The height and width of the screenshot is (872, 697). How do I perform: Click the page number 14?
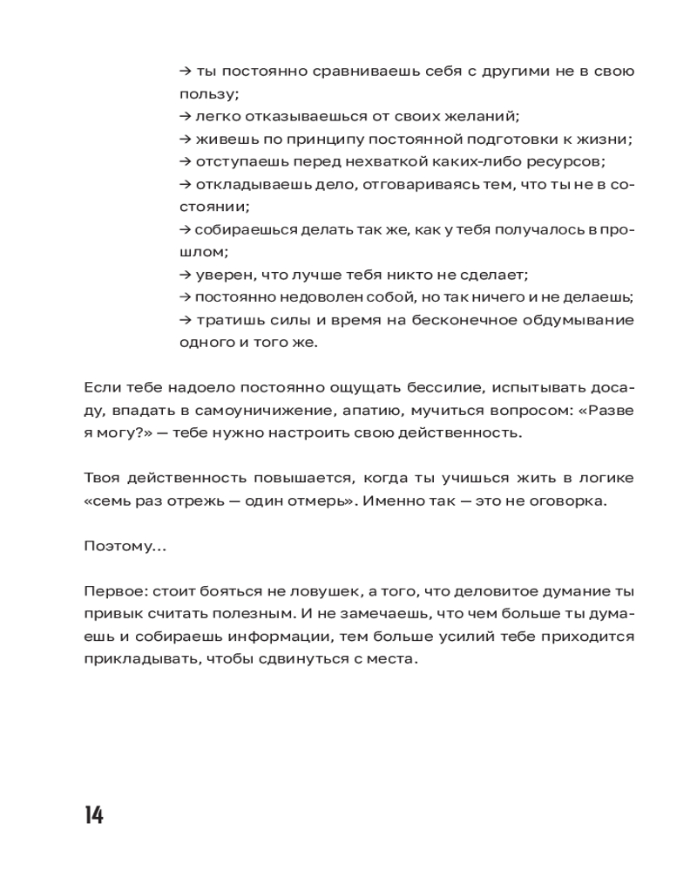coord(94,815)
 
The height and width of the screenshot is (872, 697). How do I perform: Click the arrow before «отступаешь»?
coord(184,161)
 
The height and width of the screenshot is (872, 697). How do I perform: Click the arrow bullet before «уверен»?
coord(184,275)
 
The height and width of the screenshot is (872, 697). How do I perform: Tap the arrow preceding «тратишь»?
coord(184,320)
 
